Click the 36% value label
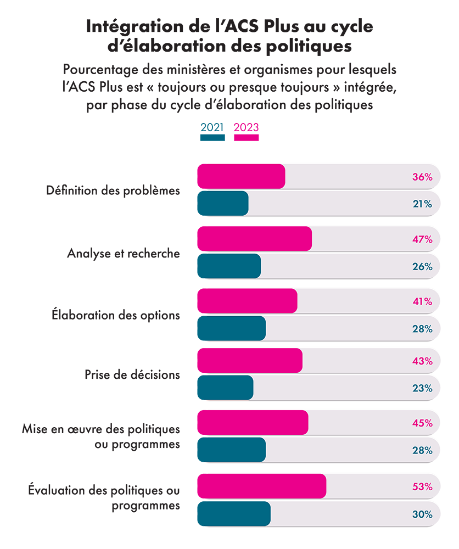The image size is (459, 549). point(423,177)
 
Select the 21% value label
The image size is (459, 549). point(423,204)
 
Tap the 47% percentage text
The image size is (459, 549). point(423,239)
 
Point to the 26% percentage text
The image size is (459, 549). point(423,267)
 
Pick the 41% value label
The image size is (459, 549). point(423,301)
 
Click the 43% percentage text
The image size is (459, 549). point(423,361)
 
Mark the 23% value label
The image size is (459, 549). point(423,388)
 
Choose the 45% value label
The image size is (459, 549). point(423,423)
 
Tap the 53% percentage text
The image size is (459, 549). point(423,486)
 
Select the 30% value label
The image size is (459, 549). point(423,514)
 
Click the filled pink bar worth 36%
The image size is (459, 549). point(242,177)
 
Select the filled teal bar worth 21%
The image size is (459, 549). point(222,204)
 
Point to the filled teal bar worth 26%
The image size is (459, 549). point(228,267)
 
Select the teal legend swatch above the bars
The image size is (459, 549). point(206,139)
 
